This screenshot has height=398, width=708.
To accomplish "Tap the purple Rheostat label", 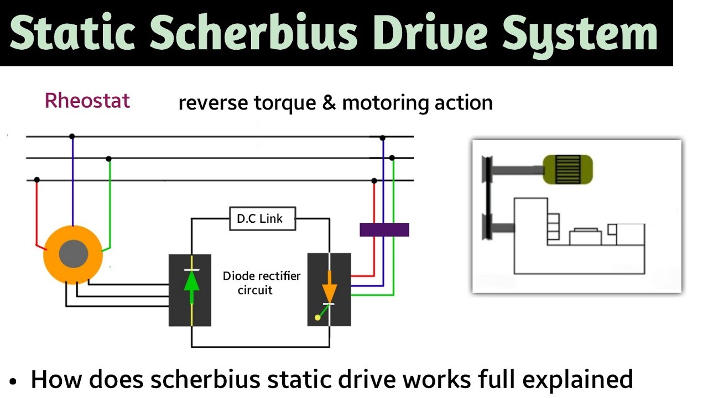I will [87, 101].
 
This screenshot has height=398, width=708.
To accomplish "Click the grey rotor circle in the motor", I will [74, 254].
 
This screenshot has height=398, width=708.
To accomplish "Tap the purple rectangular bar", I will [384, 229].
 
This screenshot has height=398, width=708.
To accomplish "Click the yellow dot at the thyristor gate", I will [317, 317].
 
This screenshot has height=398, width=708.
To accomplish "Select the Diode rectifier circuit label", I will [261, 282].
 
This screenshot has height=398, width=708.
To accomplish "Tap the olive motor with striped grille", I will [568, 169].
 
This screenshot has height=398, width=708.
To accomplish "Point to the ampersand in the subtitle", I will [329, 103].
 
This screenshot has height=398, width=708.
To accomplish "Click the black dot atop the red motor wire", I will [37, 180].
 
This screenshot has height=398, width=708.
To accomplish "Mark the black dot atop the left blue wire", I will [72, 136].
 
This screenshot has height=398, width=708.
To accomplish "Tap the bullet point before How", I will [14, 381].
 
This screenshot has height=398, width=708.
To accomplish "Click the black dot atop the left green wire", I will [109, 159].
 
